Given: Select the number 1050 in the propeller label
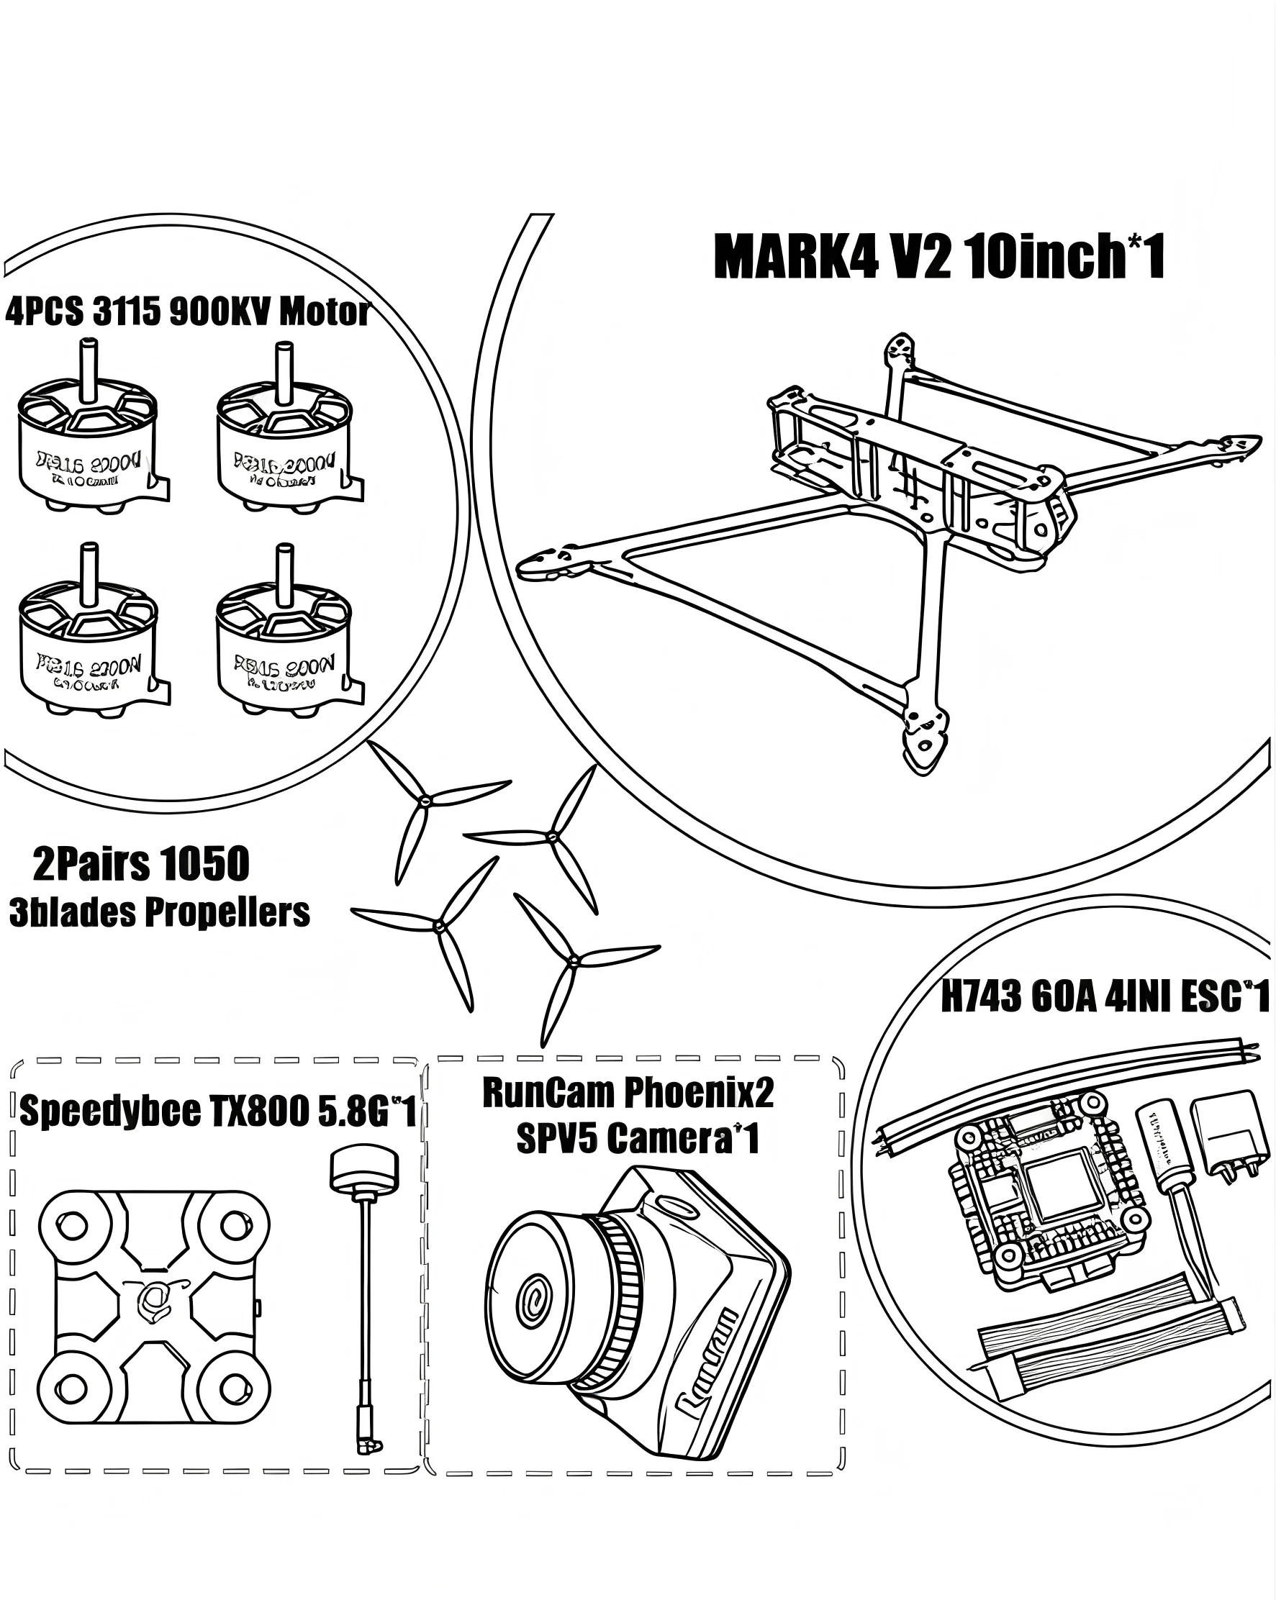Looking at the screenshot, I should pos(204,865).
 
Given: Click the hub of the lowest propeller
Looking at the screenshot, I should pos(572,961).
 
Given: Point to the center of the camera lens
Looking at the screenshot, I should pos(534,1303).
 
